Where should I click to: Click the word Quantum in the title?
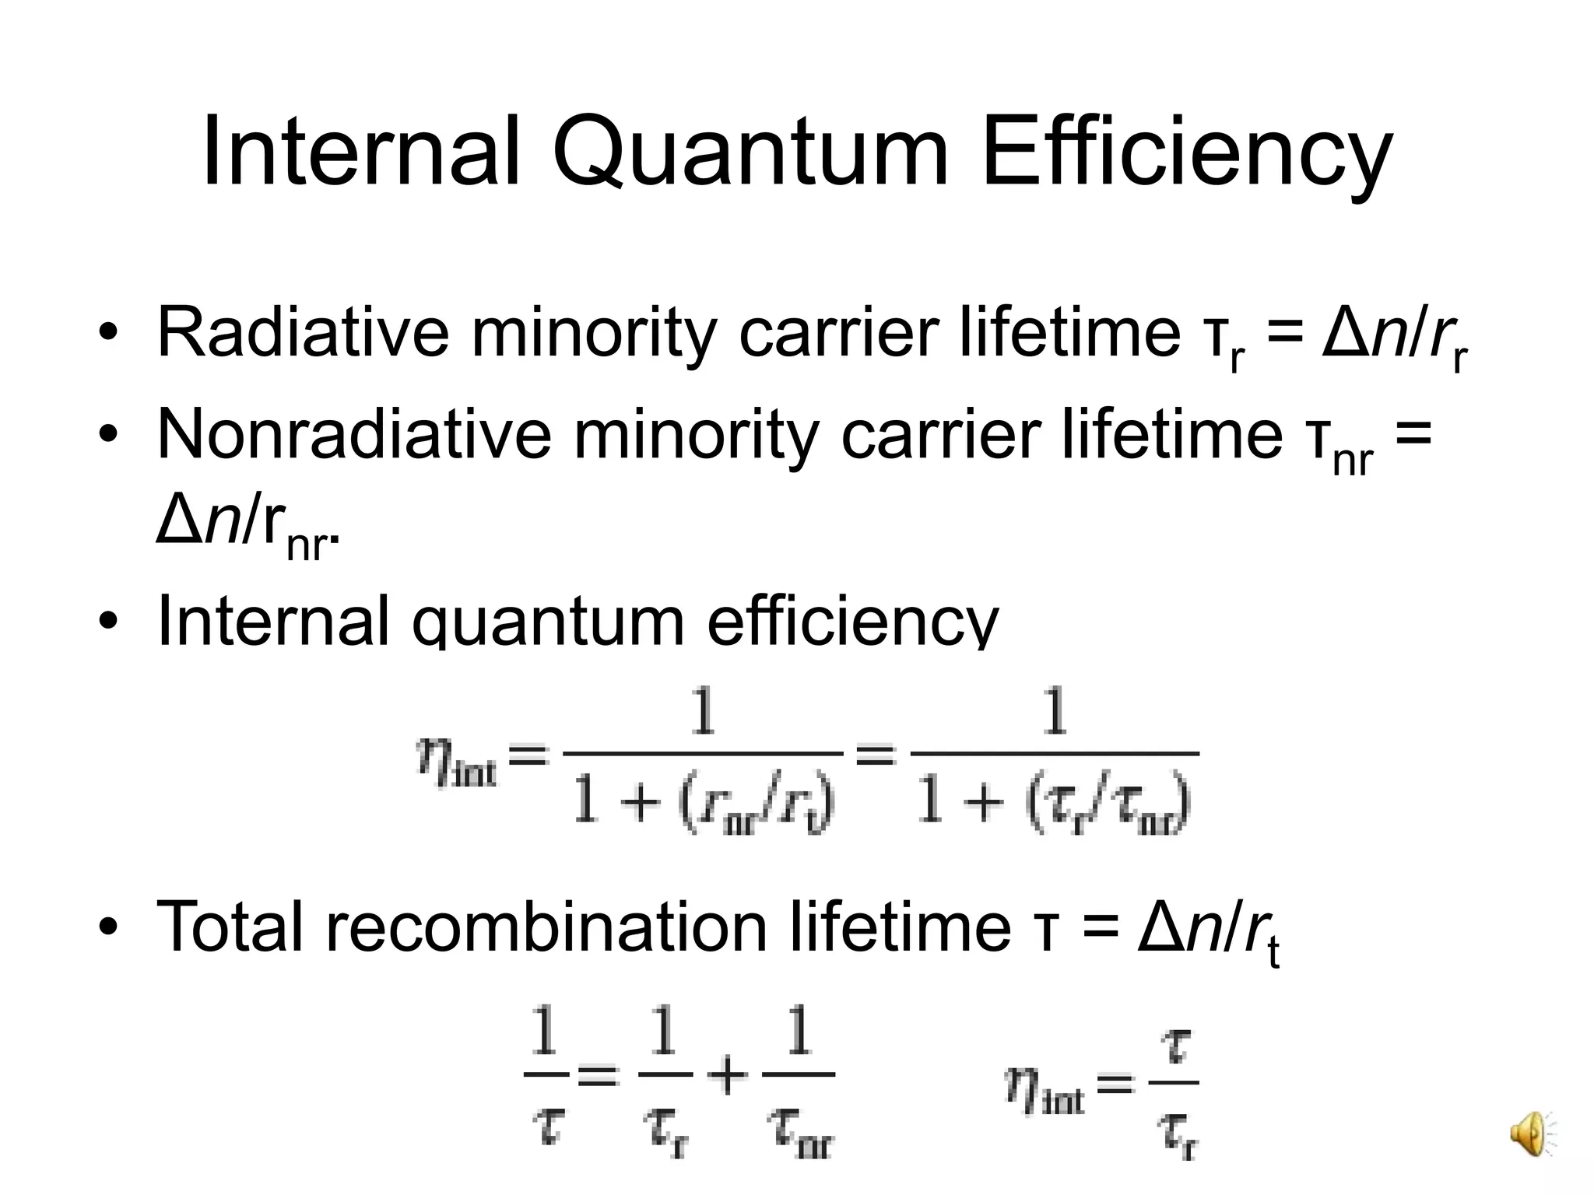click(x=750, y=152)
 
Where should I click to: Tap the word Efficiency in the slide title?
click(x=1187, y=152)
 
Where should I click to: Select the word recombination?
click(x=546, y=926)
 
